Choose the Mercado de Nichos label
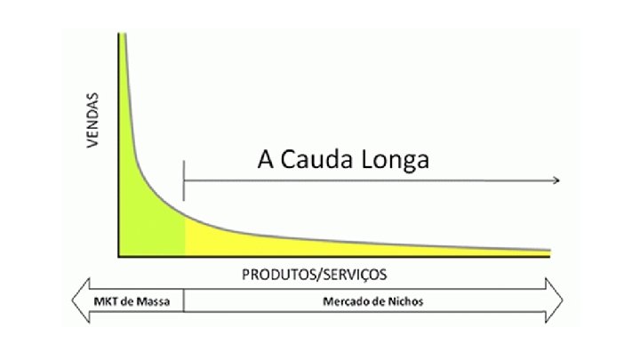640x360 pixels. point(372,301)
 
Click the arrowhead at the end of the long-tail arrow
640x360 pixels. point(556,180)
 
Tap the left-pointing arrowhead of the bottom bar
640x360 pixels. point(78,300)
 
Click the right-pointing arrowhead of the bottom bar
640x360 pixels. point(556,300)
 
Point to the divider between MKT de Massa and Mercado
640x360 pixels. point(184,301)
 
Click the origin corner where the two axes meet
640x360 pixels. point(119,256)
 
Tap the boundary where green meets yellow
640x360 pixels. point(185,236)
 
